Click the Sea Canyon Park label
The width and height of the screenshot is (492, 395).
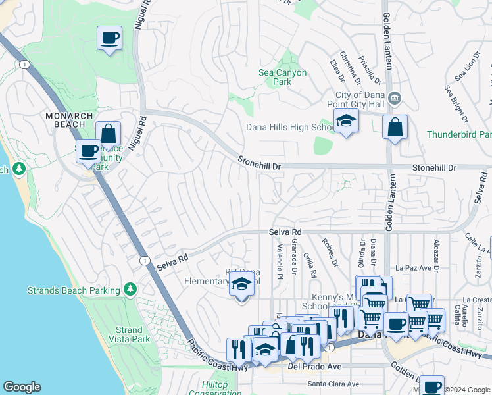pos(283,78)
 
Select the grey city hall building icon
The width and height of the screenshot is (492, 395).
pos(393,98)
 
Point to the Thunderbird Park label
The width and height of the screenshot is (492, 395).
pos(458,134)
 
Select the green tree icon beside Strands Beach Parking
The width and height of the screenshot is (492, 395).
pos(130,289)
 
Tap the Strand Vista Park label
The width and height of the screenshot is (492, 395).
pos(129,334)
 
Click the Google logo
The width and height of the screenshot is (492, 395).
pos(22,387)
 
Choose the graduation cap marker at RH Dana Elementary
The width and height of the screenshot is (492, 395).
pos(241,286)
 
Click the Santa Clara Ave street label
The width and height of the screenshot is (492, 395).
pos(333,384)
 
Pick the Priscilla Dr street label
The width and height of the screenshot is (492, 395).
pos(369,68)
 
